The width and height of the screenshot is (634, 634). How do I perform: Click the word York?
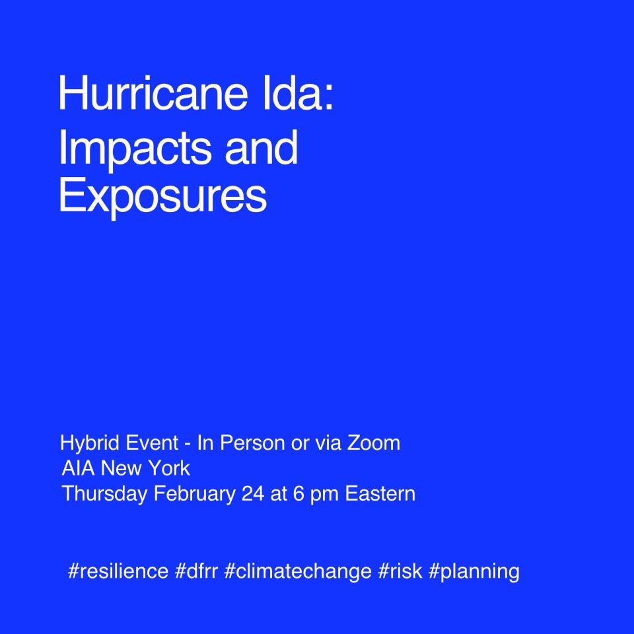(170, 469)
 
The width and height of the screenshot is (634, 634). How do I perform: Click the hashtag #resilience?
(118, 571)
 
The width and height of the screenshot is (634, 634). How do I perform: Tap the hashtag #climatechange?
(298, 571)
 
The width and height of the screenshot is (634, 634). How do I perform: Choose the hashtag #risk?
(400, 571)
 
